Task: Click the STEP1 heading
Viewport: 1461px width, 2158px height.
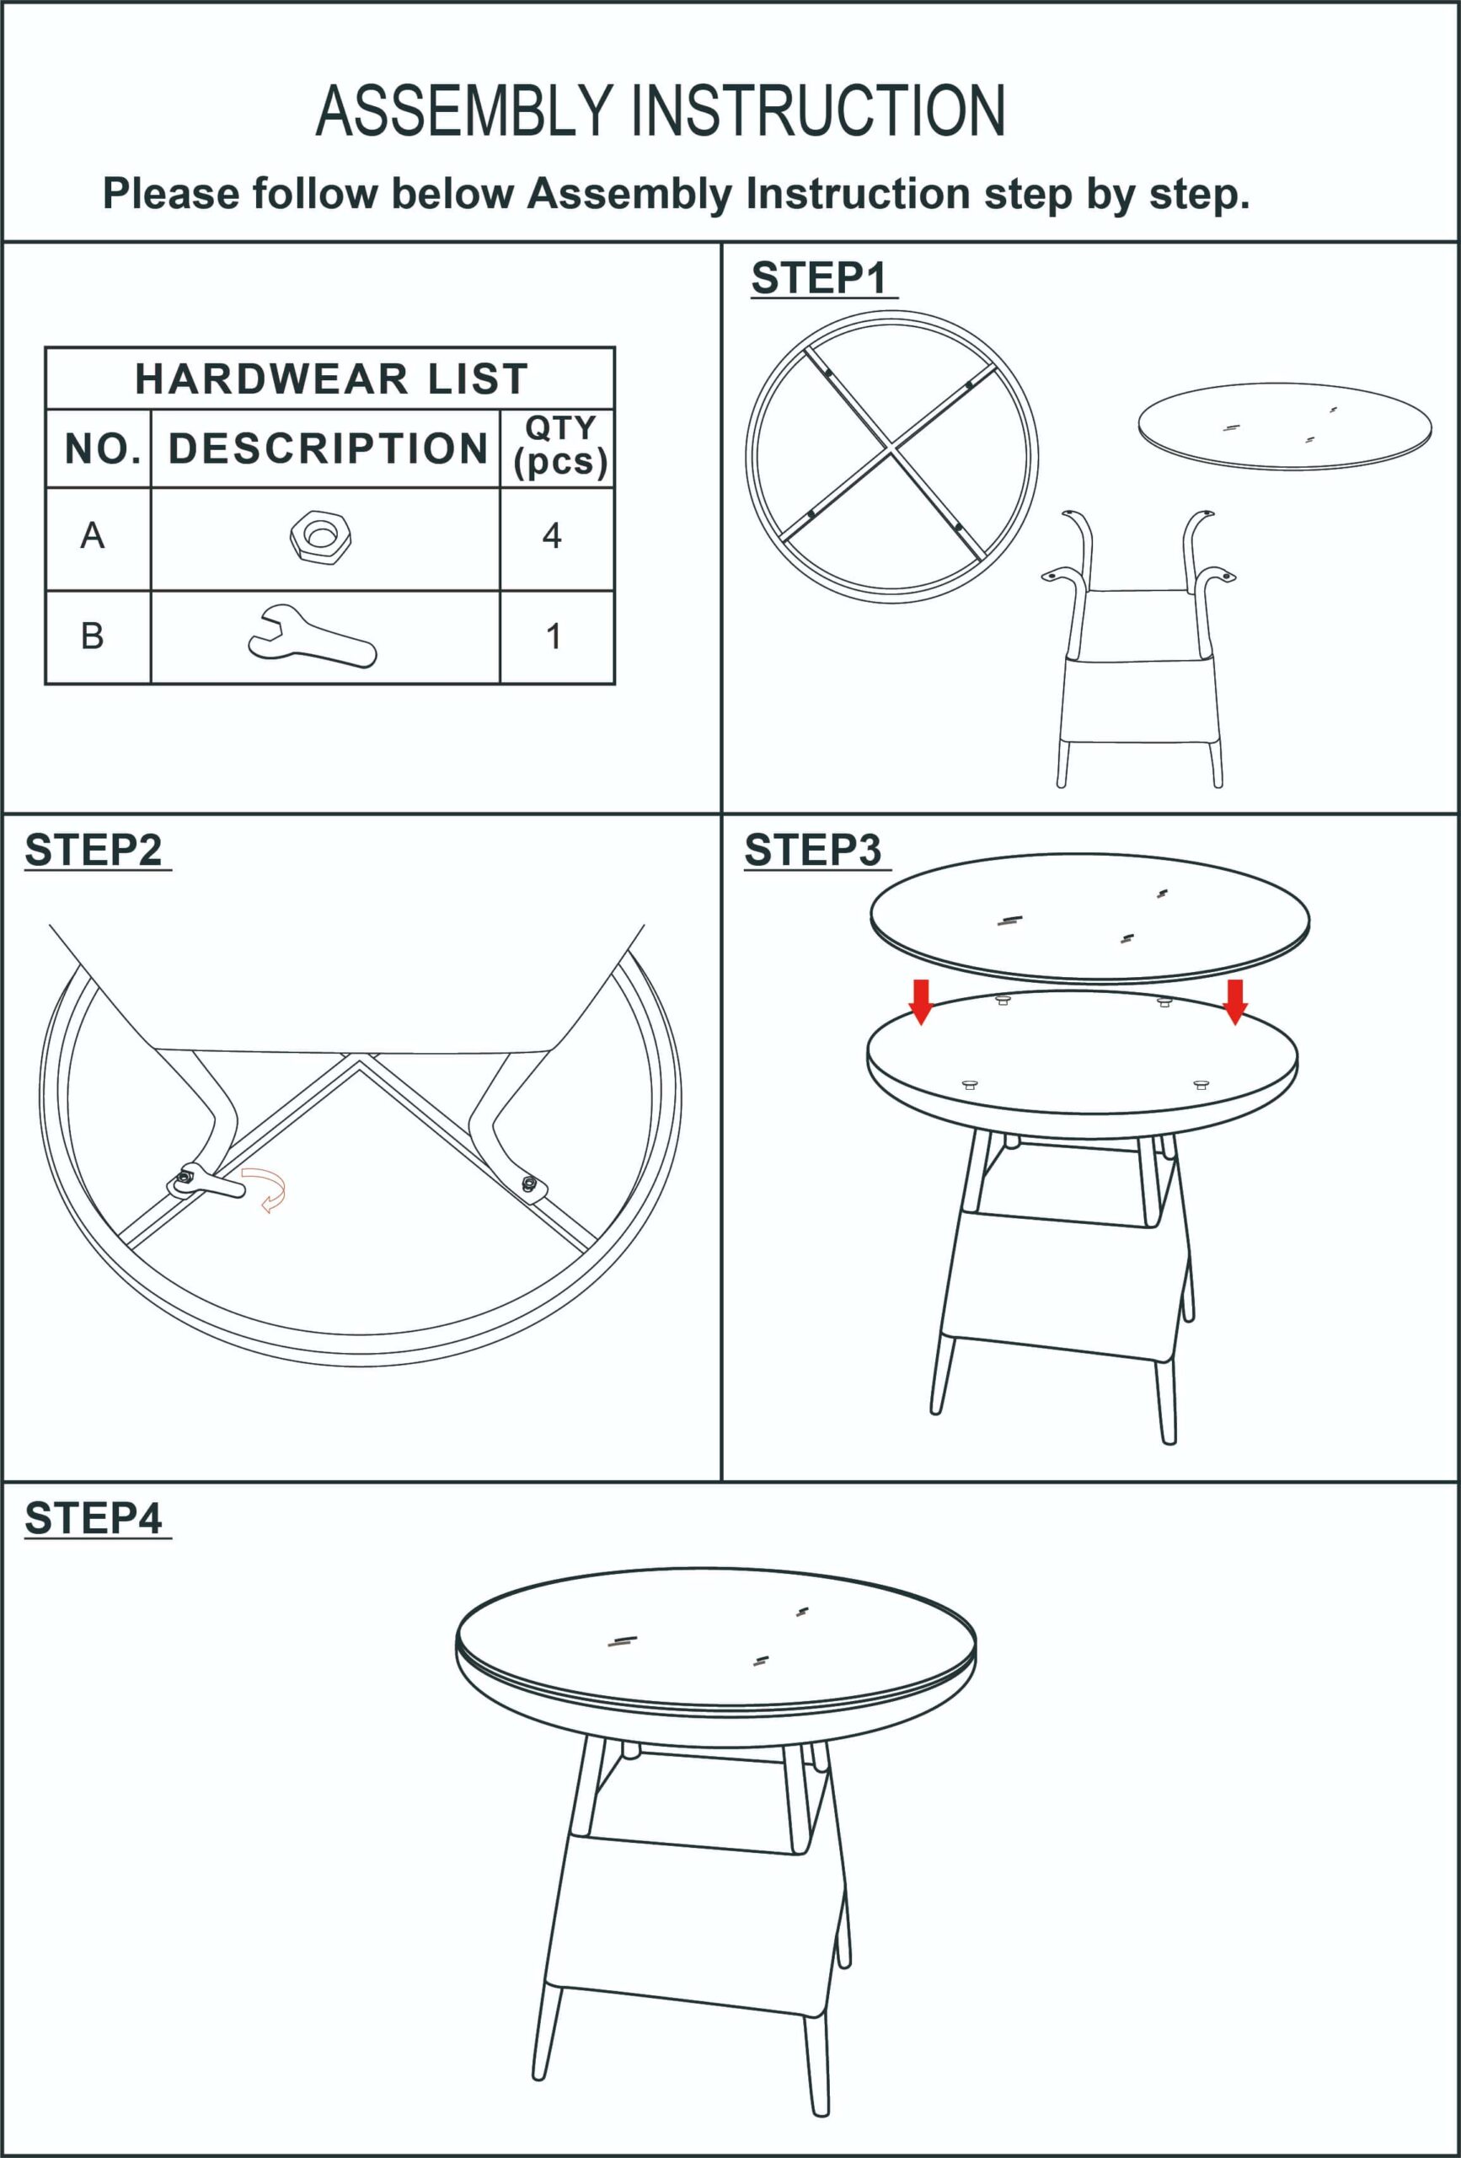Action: click(x=819, y=277)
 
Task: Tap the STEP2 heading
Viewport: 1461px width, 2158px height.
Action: click(x=94, y=850)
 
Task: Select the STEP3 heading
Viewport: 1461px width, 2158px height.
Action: click(x=813, y=850)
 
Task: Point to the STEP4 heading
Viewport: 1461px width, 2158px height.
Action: click(x=94, y=1518)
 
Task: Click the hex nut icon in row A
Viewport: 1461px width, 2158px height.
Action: click(x=321, y=537)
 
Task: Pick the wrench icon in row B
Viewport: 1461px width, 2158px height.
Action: click(x=313, y=637)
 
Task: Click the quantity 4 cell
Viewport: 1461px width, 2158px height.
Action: click(x=552, y=536)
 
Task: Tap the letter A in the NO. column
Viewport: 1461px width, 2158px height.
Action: click(x=92, y=536)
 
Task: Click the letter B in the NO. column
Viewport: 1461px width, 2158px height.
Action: click(x=92, y=636)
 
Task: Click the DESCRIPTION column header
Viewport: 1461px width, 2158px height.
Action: click(x=328, y=448)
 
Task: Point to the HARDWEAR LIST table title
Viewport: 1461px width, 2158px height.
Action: click(x=331, y=378)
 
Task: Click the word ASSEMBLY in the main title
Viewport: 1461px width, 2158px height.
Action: click(x=464, y=110)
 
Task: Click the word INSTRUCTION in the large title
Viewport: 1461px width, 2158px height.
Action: click(x=819, y=110)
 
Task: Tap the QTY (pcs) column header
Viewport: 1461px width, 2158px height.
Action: click(x=559, y=446)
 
